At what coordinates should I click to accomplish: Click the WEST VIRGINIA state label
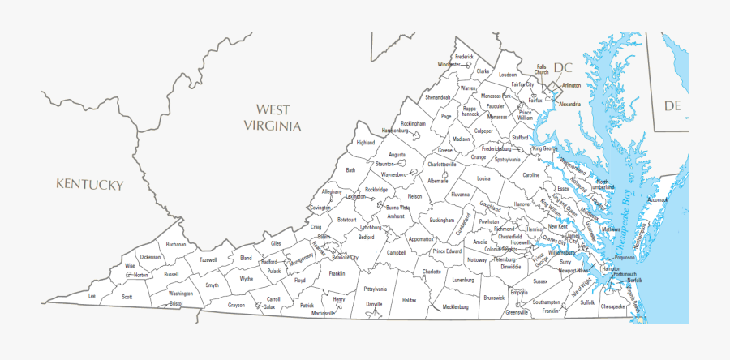coord(273,117)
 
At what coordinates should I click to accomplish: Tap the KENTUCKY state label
coord(89,185)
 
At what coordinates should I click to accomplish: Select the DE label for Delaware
coord(672,106)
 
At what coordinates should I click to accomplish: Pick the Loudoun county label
coord(508,75)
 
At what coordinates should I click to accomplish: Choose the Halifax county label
coord(409,299)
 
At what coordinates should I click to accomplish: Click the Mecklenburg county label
coord(456,307)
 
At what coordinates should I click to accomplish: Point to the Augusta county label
coord(397,154)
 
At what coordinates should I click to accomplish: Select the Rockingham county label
coord(413,123)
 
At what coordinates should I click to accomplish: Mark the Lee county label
coord(92,297)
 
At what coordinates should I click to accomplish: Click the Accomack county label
coord(658,199)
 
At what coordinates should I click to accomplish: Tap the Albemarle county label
coord(438,181)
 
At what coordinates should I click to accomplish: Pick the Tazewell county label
coord(208,260)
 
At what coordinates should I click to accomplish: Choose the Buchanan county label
coord(176,244)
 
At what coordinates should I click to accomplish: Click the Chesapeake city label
coord(612,307)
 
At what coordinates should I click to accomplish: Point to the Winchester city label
coord(449,64)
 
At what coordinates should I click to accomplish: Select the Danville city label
coord(374,304)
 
